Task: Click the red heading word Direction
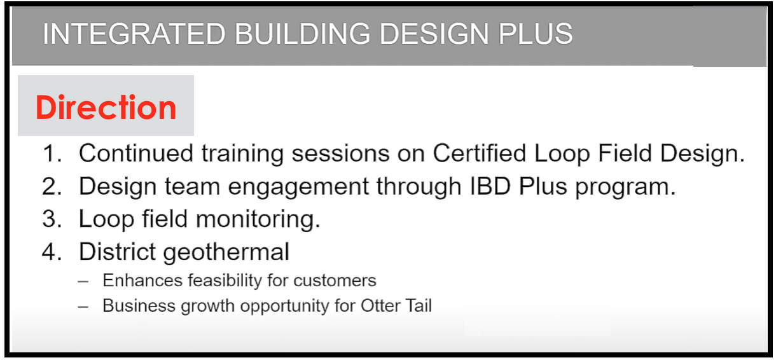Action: [106, 107]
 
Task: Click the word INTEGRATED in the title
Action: [134, 34]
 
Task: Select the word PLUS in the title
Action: [535, 34]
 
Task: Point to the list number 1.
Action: [52, 153]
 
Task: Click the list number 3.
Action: [52, 219]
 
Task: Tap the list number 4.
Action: [52, 251]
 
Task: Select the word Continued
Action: [136, 153]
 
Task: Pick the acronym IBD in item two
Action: [490, 186]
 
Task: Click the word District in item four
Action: [117, 251]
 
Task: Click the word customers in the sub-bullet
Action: [335, 280]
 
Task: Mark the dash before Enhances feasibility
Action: [83, 281]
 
